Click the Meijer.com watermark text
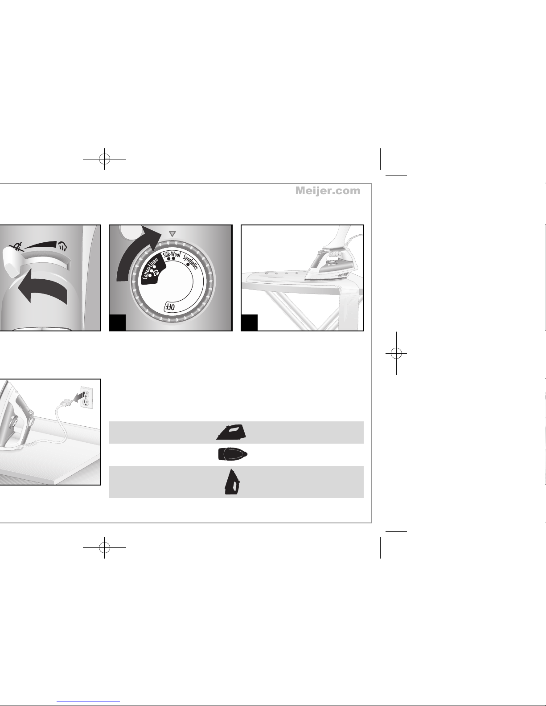pyautogui.click(x=328, y=191)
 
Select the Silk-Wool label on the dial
pyautogui.click(x=172, y=254)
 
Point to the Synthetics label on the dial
pyautogui.click(x=190, y=261)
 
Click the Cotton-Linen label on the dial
pyautogui.click(x=150, y=268)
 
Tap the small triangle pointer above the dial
pyautogui.click(x=172, y=233)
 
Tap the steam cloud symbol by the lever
pyautogui.click(x=62, y=246)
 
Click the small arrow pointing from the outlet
pyautogui.click(x=78, y=397)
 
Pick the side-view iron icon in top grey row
pyautogui.click(x=231, y=433)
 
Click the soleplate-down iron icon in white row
pyautogui.click(x=233, y=454)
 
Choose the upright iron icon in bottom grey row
pyautogui.click(x=231, y=482)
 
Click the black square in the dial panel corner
pyautogui.click(x=117, y=322)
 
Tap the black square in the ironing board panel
pyautogui.click(x=249, y=322)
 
